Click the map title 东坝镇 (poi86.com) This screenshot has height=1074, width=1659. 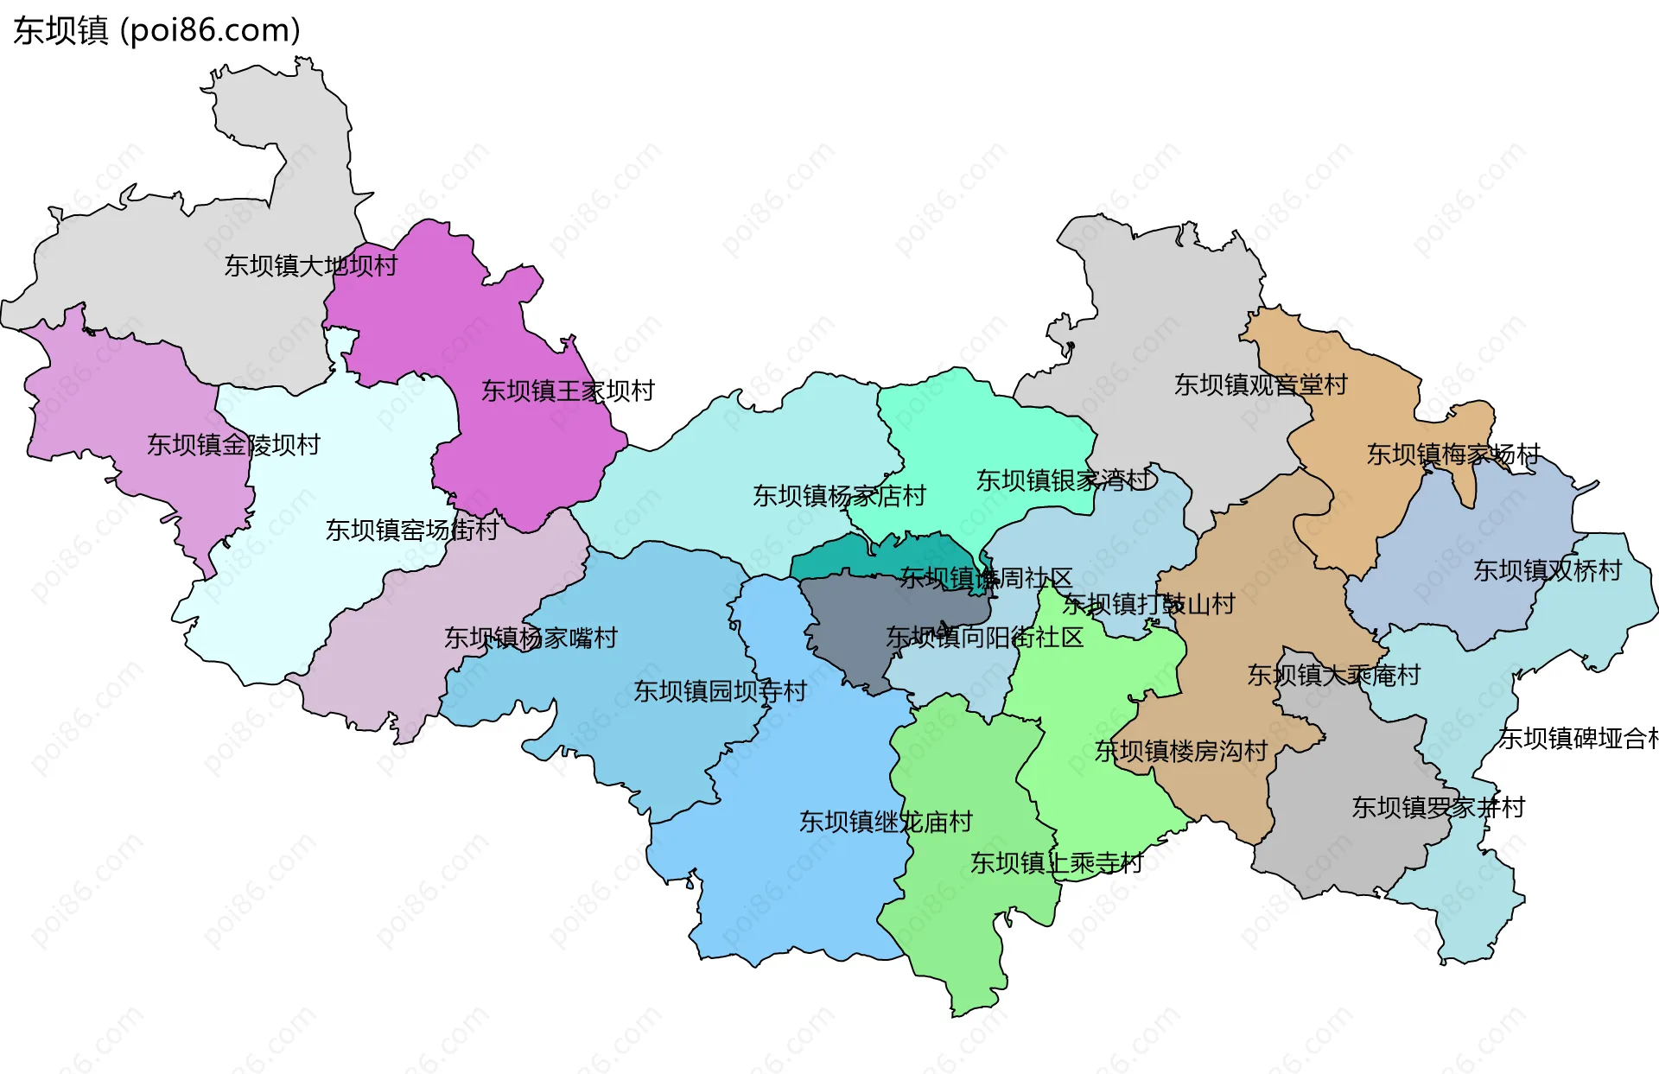click(156, 30)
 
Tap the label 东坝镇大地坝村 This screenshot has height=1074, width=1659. click(310, 265)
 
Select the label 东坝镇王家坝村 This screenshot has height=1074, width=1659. click(568, 391)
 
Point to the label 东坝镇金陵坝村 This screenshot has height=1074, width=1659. click(233, 444)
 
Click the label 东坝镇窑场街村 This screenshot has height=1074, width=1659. click(411, 529)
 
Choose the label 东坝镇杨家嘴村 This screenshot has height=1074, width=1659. click(531, 638)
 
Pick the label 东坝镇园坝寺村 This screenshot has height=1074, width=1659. click(720, 690)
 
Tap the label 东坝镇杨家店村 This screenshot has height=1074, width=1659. click(839, 495)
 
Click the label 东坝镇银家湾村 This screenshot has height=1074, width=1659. click(1064, 480)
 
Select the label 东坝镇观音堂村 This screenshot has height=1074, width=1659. click(1261, 384)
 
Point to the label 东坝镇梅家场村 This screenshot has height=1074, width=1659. click(1453, 454)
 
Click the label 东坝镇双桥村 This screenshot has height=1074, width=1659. click(1548, 570)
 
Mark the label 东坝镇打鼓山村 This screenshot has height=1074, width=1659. click(1148, 604)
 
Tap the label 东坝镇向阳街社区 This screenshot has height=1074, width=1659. click(984, 638)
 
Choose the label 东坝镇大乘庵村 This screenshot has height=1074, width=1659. click(1333, 675)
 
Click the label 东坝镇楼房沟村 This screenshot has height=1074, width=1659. click(1180, 751)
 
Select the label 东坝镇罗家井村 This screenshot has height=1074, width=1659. click(1438, 807)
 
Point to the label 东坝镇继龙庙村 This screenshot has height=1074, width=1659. click(886, 821)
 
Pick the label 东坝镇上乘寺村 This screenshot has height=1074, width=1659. click(1056, 862)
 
